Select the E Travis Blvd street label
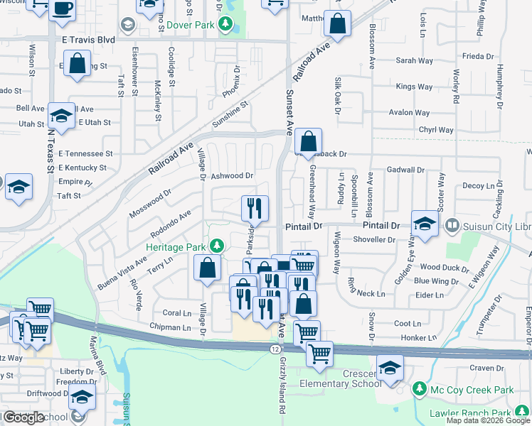click(89, 40)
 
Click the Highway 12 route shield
click(274, 349)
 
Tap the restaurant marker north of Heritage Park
click(255, 208)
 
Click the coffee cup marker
click(62, 9)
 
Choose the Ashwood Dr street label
click(232, 175)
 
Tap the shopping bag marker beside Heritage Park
click(207, 268)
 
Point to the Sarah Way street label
click(415, 61)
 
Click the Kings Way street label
click(415, 87)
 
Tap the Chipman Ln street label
click(171, 327)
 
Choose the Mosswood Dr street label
click(150, 203)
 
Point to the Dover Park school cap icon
click(128, 26)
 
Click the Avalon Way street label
click(409, 112)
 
